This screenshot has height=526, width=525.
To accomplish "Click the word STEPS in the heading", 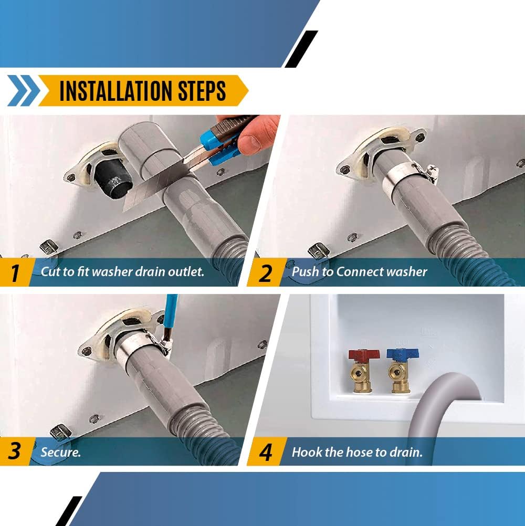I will pos(203,91).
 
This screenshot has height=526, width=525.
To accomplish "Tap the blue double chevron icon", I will pos(24,91).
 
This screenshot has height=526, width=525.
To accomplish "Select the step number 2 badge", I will pos(265,272).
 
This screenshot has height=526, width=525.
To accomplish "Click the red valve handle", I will pos(360,354).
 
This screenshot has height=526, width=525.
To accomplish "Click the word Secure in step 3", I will pos(61,451).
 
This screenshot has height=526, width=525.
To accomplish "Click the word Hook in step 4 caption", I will pos(307,451).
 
